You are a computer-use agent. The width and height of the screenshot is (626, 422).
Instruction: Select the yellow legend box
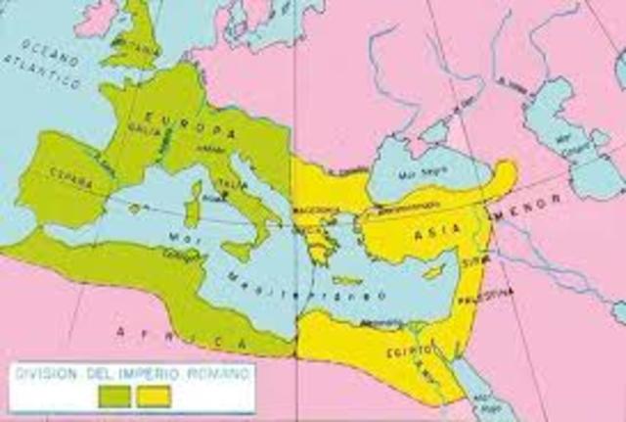pyautogui.click(x=154, y=396)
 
